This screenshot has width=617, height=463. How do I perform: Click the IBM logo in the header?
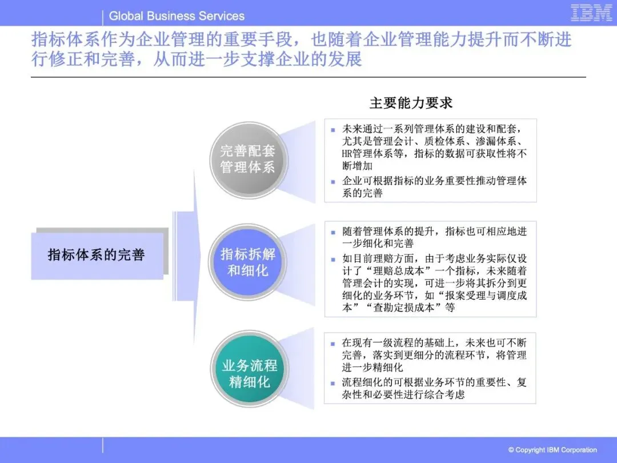591,13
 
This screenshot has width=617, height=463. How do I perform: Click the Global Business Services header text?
177,16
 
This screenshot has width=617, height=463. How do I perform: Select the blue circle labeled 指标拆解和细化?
248,262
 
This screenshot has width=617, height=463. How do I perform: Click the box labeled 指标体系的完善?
97,255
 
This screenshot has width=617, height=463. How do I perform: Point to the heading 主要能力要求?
411,103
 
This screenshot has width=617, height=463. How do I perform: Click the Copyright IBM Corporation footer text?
552,450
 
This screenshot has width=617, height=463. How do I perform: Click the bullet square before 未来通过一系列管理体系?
333,129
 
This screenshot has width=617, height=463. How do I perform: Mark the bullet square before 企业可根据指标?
333,181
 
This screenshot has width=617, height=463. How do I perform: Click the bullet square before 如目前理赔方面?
333,258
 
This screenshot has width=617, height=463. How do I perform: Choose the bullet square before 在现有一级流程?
333,344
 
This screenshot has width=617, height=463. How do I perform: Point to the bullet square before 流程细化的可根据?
333,382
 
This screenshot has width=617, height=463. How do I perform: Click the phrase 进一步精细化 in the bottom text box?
372,368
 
